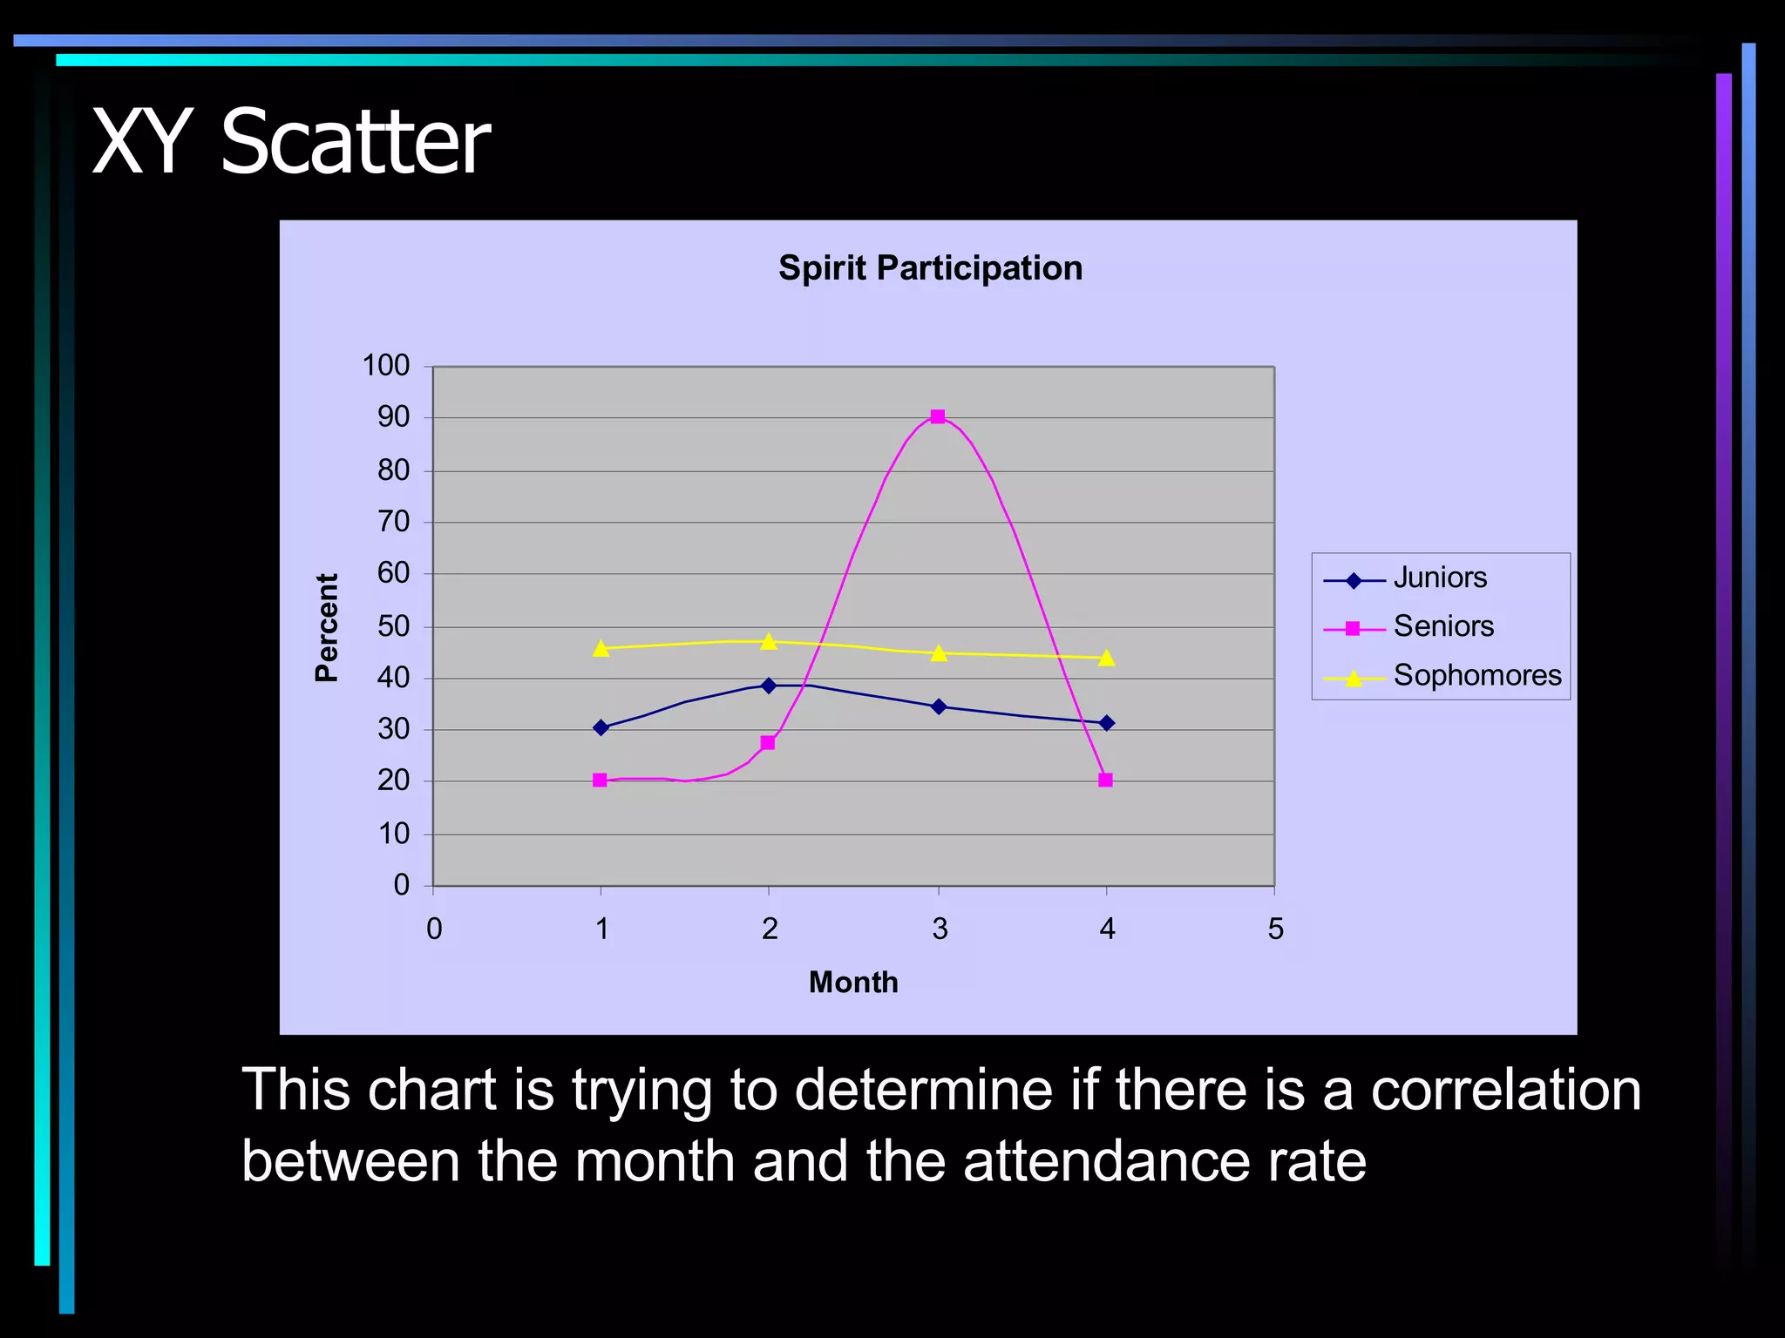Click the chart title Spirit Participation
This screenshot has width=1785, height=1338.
coord(930,268)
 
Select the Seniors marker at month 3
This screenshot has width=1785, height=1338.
coord(938,416)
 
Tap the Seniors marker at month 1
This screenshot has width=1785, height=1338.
coord(600,780)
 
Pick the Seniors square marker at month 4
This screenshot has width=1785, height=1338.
coord(1106,780)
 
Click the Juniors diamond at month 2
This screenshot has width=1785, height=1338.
coord(768,686)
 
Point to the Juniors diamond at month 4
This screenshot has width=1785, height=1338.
coord(1107,723)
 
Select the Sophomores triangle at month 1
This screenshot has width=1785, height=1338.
coord(601,648)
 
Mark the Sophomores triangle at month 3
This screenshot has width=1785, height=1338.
coord(939,653)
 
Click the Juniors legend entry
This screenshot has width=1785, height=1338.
coord(1440,578)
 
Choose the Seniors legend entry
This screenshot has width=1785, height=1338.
coord(1443,627)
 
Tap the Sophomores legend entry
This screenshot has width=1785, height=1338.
coord(1477,676)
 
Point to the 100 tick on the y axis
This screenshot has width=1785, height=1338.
coord(385,366)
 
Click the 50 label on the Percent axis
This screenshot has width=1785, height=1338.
coord(393,626)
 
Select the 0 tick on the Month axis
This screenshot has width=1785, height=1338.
coord(434,929)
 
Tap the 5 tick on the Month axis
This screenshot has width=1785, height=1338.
coord(1275,929)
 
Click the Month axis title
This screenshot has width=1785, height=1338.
coord(853,983)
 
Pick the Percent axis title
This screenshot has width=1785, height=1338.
coord(327,627)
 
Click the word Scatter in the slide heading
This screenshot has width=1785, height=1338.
coord(356,142)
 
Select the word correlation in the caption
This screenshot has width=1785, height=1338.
coord(1505,1090)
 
